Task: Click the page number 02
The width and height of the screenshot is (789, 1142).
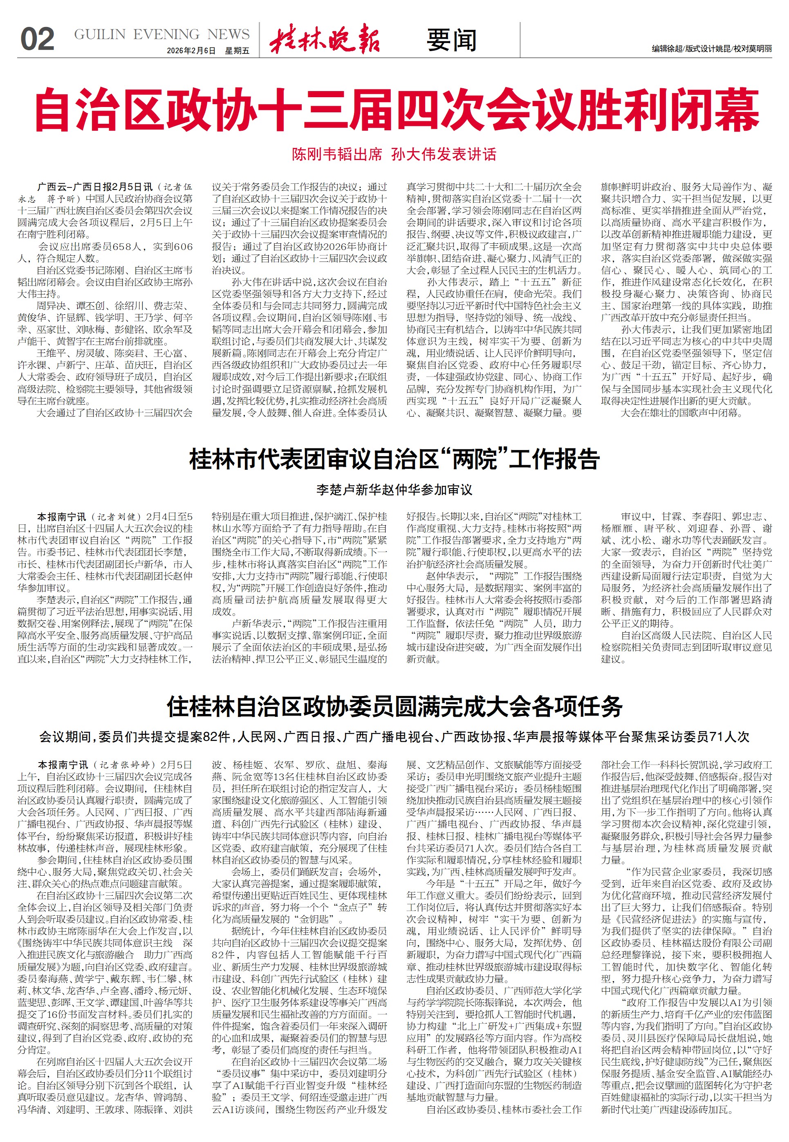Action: [x=37, y=40]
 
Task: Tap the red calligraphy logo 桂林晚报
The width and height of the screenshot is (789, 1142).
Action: [x=325, y=38]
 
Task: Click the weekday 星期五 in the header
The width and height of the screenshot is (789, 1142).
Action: [x=237, y=51]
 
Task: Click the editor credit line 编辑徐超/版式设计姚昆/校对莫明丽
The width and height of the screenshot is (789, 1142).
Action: [x=711, y=49]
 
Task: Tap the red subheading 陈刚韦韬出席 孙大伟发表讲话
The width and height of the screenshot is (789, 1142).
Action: [x=394, y=155]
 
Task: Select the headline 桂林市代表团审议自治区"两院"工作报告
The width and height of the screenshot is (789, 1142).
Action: [x=394, y=459]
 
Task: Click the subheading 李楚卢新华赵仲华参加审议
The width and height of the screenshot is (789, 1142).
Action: [x=394, y=490]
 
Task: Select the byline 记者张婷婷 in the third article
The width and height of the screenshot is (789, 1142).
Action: [x=123, y=765]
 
